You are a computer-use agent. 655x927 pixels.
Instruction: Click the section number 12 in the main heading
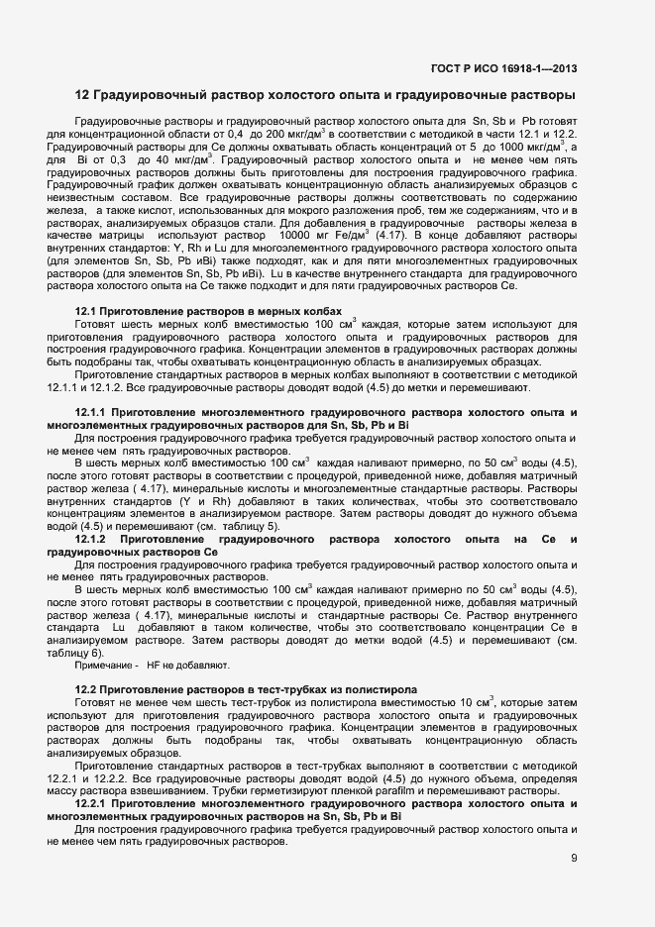82,96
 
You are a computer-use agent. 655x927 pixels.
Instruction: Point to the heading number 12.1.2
94,539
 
